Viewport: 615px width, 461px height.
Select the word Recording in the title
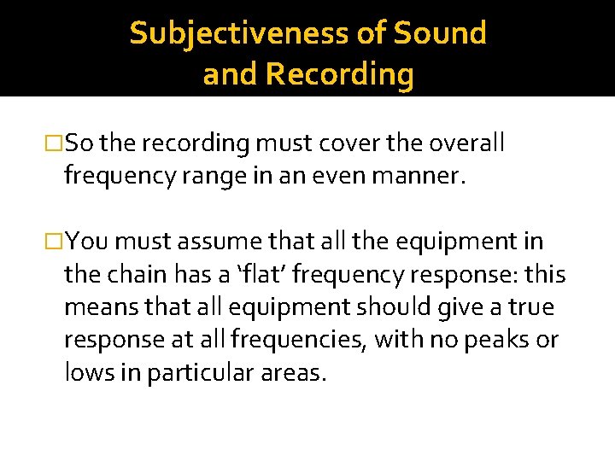point(339,75)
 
